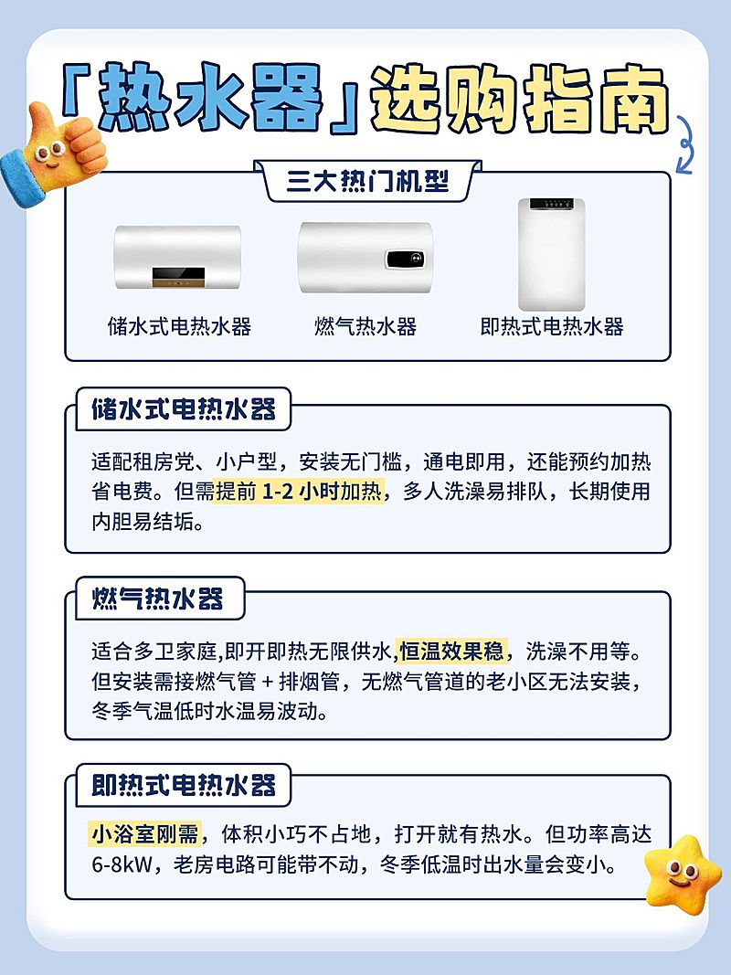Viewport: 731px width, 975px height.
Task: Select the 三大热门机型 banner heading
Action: (367, 180)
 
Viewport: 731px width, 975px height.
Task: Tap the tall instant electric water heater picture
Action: (552, 254)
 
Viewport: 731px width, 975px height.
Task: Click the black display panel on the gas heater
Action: (402, 260)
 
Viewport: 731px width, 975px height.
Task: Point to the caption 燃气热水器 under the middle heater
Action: (365, 326)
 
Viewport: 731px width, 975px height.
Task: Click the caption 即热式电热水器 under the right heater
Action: (552, 326)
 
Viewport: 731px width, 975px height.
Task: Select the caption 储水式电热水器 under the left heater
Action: (179, 326)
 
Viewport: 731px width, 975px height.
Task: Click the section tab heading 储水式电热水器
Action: (184, 410)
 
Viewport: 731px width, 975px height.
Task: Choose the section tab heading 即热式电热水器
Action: (184, 785)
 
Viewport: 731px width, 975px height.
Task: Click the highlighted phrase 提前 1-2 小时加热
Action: (299, 492)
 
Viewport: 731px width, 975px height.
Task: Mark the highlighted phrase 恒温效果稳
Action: (451, 652)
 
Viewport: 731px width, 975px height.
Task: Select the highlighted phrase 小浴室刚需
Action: (144, 834)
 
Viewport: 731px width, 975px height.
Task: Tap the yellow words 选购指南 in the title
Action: (519, 101)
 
